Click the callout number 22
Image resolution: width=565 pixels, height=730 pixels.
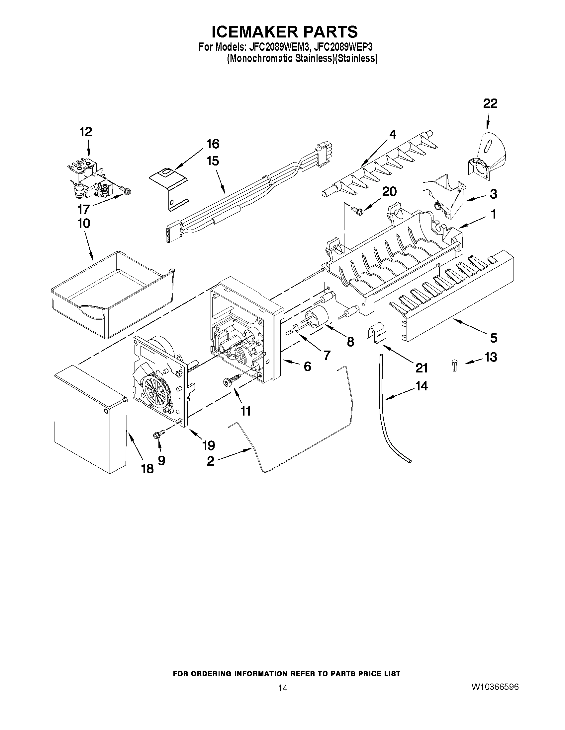tap(490, 103)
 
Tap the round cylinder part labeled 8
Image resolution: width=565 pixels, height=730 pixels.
tap(316, 315)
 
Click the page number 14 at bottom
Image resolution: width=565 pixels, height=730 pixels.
tap(282, 688)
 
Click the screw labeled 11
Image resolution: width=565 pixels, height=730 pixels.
tap(232, 381)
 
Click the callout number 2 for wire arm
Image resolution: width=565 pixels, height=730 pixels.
tap(210, 461)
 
